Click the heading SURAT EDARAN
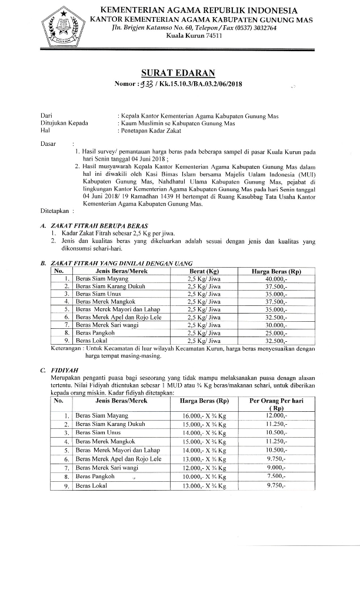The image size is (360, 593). click(178, 73)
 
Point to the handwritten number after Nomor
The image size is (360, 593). click(145, 84)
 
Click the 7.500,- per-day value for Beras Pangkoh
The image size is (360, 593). click(275, 477)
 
